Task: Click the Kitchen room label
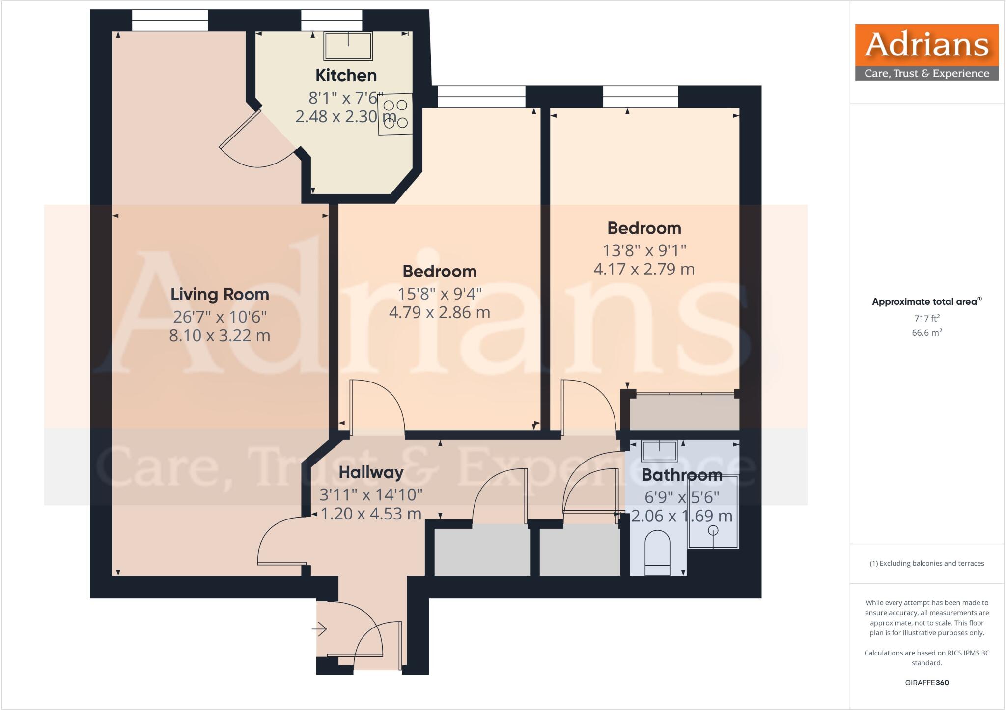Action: [x=346, y=76]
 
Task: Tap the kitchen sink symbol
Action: [x=348, y=46]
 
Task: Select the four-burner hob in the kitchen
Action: [x=395, y=114]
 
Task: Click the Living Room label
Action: [x=220, y=295]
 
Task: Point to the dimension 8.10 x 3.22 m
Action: [x=220, y=336]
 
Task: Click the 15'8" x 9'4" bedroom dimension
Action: [x=440, y=294]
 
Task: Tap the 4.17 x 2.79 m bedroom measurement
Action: [x=644, y=270]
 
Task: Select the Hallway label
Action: [x=371, y=472]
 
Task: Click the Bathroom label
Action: [x=682, y=475]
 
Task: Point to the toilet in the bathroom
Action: [x=657, y=554]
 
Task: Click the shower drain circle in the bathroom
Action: [x=713, y=530]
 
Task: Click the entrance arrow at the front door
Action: [x=320, y=628]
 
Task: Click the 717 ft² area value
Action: [x=926, y=318]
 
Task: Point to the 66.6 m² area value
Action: [x=926, y=333]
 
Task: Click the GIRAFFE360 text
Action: [x=926, y=683]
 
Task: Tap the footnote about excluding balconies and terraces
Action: [x=926, y=564]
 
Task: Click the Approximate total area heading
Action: [x=926, y=302]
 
